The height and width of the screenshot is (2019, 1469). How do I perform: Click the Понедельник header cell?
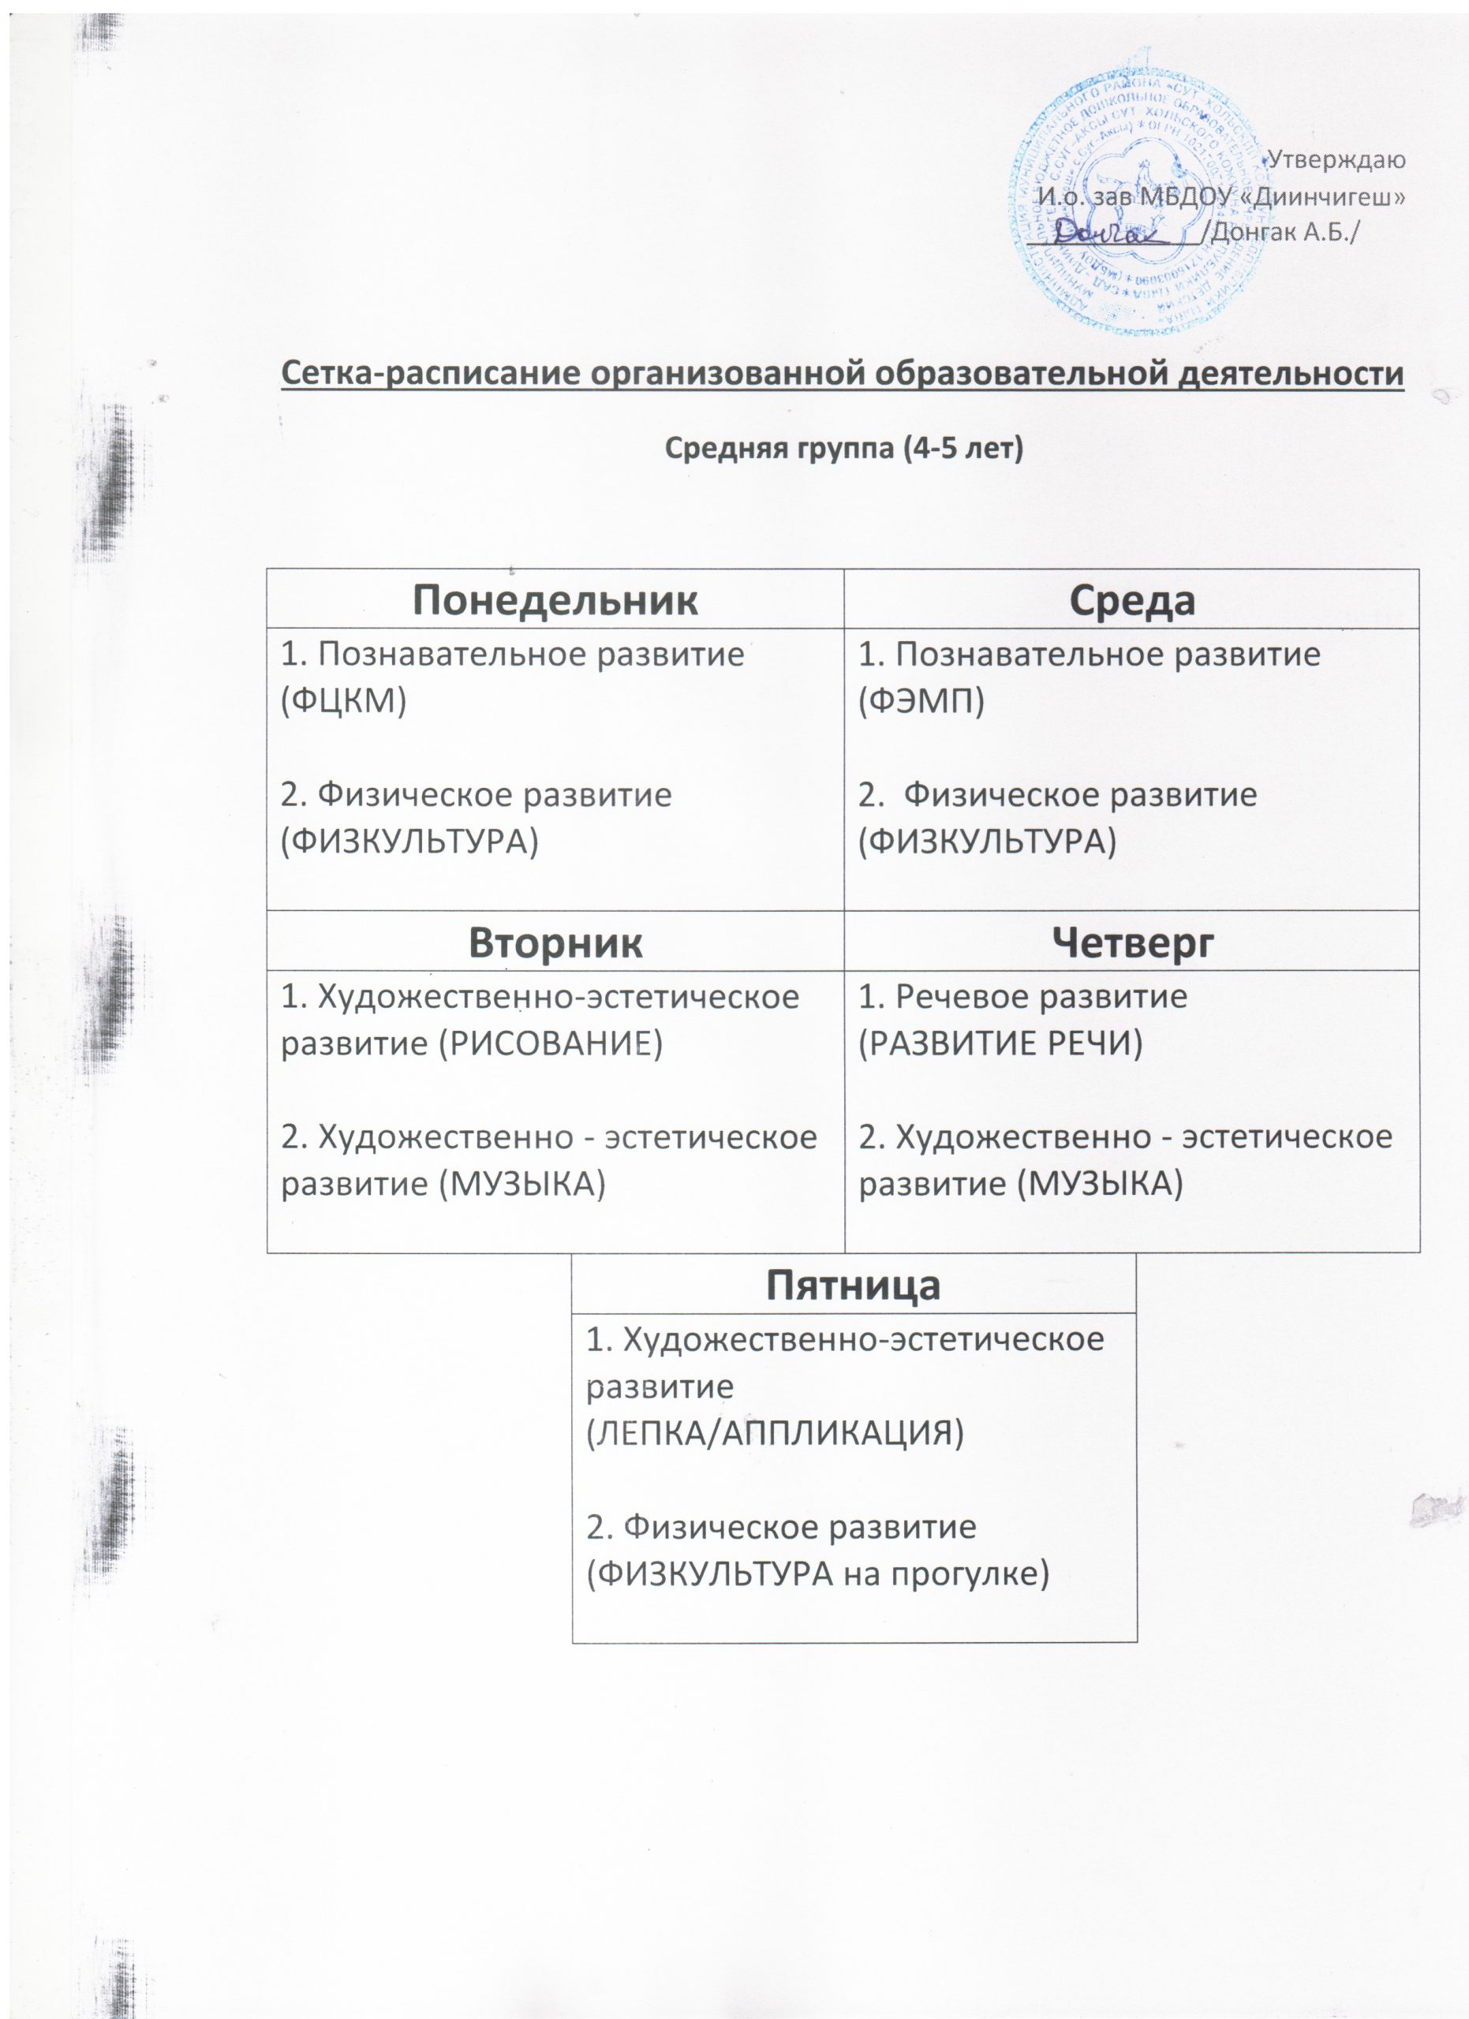555,601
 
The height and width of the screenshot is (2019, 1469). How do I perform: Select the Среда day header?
1131,601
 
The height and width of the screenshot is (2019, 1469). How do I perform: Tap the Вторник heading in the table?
555,942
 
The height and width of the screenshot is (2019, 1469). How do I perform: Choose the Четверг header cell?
1131,942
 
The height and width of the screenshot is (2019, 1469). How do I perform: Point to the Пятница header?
853,1285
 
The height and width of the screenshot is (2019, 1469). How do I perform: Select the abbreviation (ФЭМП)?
921,701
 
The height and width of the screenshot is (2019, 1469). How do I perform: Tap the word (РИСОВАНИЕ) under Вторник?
552,1043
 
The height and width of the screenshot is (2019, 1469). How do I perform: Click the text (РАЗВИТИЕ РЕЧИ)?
1000,1043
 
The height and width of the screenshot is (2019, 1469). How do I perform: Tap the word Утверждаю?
1336,160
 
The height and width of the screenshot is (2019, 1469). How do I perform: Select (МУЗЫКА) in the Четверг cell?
1101,1184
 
